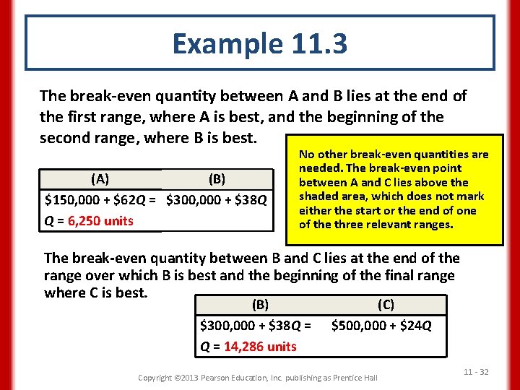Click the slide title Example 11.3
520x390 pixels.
click(259, 44)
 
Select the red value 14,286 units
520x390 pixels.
click(260, 346)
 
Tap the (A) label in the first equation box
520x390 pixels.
click(100, 178)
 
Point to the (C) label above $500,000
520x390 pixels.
click(386, 305)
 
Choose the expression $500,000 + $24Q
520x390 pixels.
click(381, 326)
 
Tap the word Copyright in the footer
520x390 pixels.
click(155, 378)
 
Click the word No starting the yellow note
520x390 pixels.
click(306, 155)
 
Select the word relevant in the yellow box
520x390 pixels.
click(390, 224)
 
